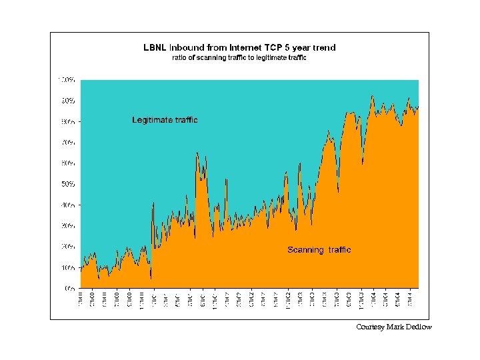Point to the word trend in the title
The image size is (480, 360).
point(323,48)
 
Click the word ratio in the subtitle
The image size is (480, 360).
point(180,58)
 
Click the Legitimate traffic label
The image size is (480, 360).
point(165,120)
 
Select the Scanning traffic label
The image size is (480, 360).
point(319,250)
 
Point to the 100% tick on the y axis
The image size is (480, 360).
point(67,79)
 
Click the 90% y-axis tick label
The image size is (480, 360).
point(69,101)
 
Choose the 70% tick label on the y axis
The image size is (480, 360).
point(69,143)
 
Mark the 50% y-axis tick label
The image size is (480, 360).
point(69,184)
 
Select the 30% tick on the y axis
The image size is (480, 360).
point(69,226)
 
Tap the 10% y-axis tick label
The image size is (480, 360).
point(69,268)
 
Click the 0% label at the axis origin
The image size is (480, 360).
point(70,289)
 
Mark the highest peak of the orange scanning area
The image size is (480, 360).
point(373,97)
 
